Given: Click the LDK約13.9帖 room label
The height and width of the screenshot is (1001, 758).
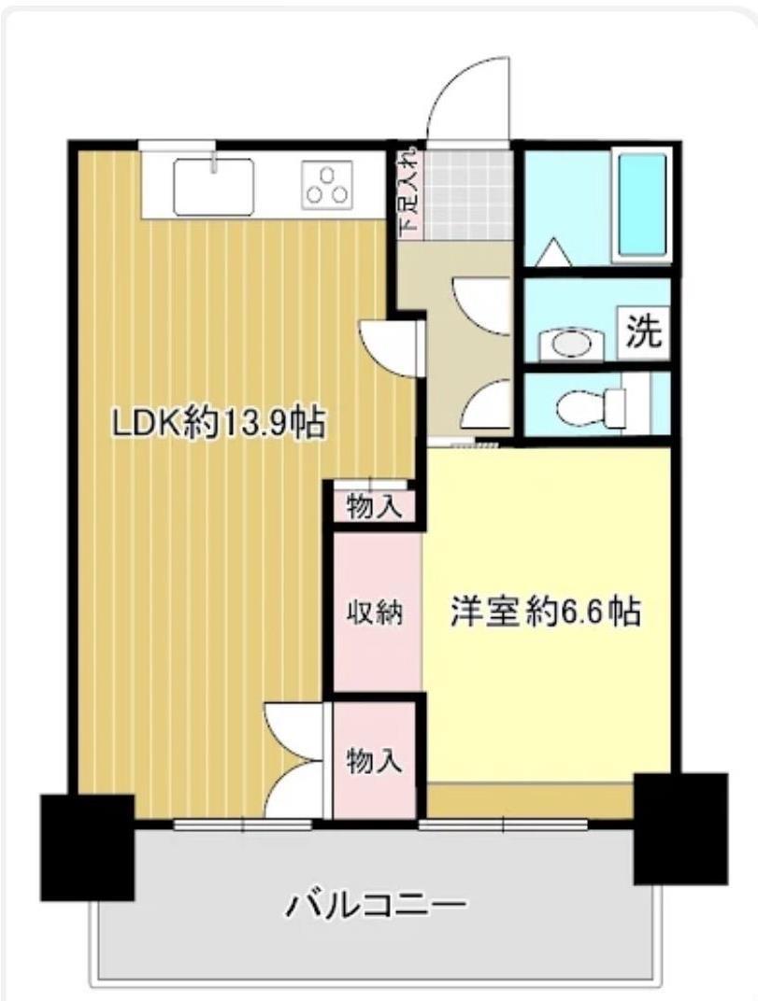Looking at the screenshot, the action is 220,423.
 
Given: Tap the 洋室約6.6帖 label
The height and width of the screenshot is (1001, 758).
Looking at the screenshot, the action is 546,612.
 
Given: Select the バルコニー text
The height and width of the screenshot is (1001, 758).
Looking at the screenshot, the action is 377,904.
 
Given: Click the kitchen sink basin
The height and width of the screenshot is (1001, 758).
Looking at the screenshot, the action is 214,187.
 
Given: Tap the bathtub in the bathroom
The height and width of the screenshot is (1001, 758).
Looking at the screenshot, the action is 641,204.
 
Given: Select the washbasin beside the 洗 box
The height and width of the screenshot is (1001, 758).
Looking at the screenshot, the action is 571,345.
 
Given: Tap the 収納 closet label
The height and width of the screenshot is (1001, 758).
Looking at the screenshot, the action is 375,613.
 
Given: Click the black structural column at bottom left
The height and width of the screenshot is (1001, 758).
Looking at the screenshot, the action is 88,847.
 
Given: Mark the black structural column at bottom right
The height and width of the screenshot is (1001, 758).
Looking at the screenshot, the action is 680,828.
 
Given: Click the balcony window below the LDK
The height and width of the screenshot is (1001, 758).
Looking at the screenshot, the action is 243,825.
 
